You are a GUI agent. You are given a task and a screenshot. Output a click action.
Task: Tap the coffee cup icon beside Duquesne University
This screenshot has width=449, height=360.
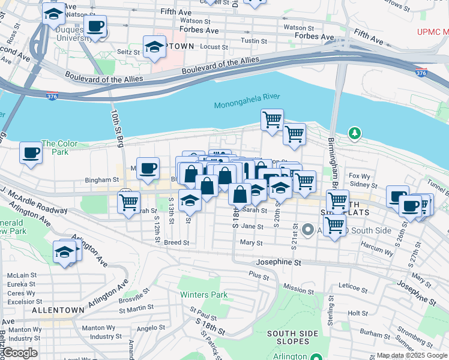(x=95, y=27)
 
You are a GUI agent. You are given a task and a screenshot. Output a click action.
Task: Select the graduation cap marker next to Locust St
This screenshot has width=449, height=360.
(x=154, y=47)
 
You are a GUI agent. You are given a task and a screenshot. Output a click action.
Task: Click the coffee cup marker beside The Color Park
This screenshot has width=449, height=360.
(x=31, y=152)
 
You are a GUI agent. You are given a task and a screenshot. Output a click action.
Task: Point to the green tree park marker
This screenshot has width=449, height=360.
(x=355, y=133)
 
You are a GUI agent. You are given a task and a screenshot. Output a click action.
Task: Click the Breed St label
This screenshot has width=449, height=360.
(x=176, y=243)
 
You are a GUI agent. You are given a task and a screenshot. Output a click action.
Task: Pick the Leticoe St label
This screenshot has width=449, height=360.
(x=352, y=285)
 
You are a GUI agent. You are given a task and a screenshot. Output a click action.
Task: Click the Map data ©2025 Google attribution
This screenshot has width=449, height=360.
(x=411, y=355)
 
